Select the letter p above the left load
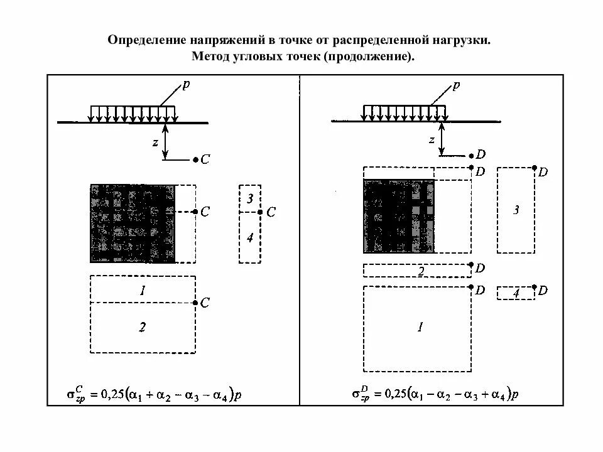(x=185, y=85)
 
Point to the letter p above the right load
(x=456, y=85)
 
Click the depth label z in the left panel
(x=154, y=142)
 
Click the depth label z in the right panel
(x=432, y=139)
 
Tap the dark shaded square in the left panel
(x=133, y=223)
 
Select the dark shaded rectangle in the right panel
(x=398, y=216)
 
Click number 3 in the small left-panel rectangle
(x=250, y=199)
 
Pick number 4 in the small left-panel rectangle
(x=250, y=238)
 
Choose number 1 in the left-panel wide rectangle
(x=143, y=290)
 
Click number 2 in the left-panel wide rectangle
(x=143, y=326)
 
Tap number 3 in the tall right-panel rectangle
(x=516, y=210)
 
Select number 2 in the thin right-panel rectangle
(x=421, y=271)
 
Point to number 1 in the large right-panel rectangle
(x=420, y=326)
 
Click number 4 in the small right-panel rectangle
(x=516, y=293)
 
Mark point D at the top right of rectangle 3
(x=535, y=168)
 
